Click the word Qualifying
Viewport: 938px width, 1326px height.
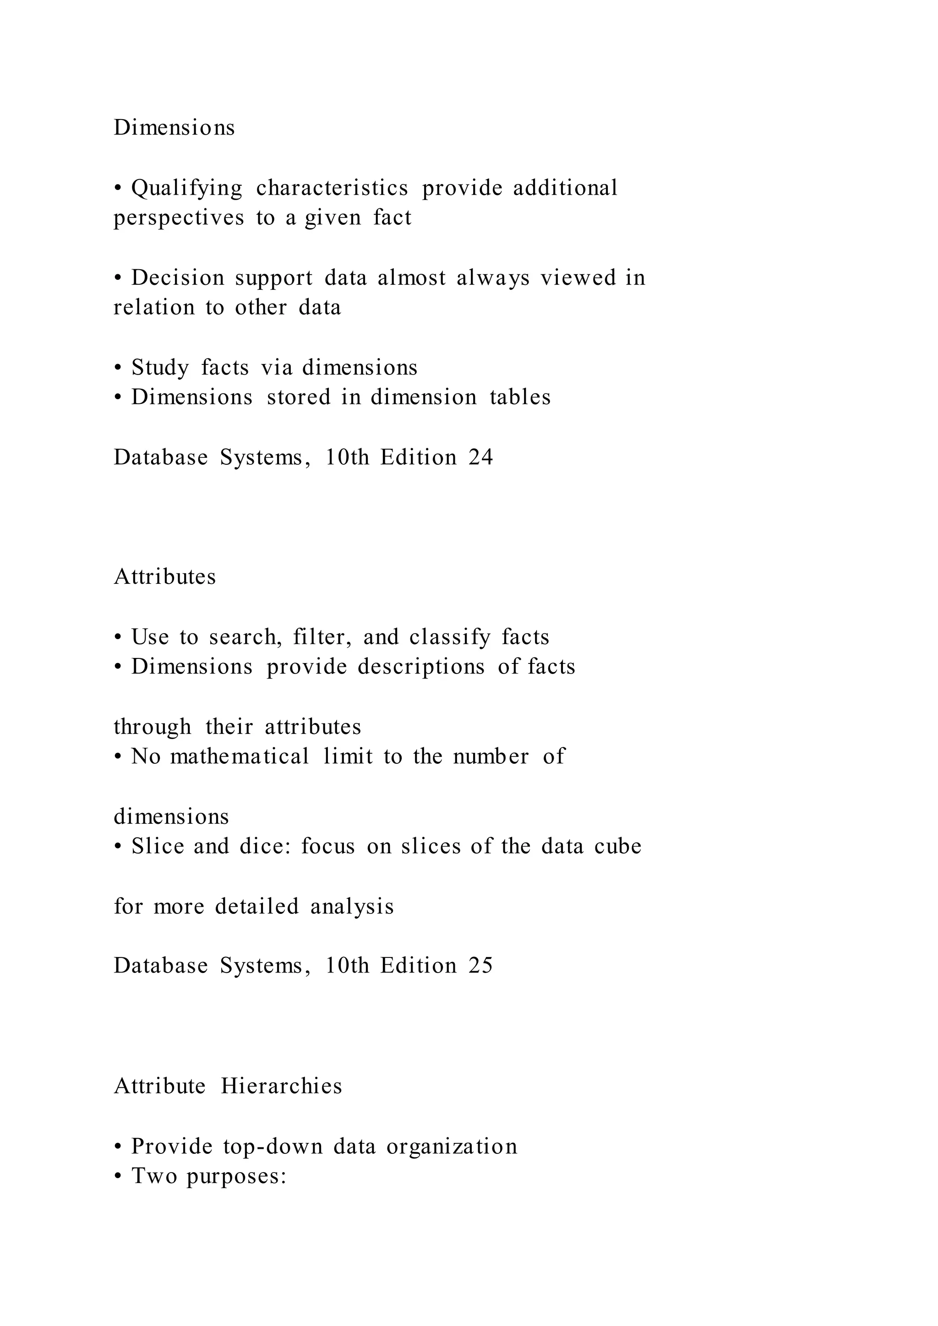pyautogui.click(x=186, y=188)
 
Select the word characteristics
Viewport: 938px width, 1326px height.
pyautogui.click(x=332, y=188)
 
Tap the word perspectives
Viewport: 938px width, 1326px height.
pyautogui.click(x=179, y=218)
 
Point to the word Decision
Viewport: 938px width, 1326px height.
pyautogui.click(x=177, y=278)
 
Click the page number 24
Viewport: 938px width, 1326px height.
pyautogui.click(x=480, y=457)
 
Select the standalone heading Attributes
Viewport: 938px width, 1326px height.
pyautogui.click(x=164, y=577)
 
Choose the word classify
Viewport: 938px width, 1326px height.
pyautogui.click(x=449, y=637)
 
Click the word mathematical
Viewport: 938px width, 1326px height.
pyautogui.click(x=240, y=756)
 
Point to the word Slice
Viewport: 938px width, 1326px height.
pyautogui.click(x=157, y=846)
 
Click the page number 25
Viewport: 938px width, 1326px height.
pyautogui.click(x=480, y=966)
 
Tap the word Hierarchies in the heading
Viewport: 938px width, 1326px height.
pyautogui.click(x=281, y=1086)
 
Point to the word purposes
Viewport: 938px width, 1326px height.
pyautogui.click(x=236, y=1176)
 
